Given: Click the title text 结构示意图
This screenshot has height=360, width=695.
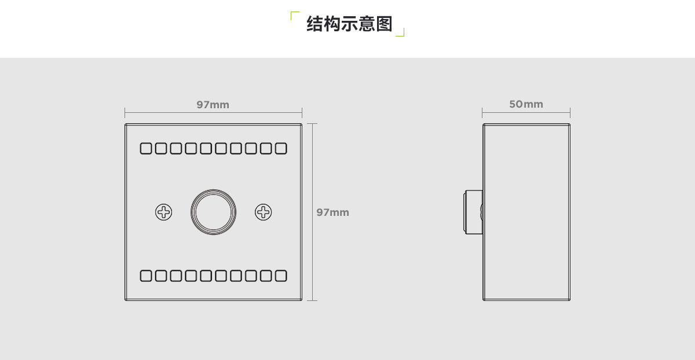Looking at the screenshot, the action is coord(349,24).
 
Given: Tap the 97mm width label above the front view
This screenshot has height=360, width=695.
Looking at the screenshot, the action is coord(213,105).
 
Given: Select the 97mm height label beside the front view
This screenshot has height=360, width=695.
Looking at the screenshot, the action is coord(332,212).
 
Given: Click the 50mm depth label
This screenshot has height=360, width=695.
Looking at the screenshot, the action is coord(526,104).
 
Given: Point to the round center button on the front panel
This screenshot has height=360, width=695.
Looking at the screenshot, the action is coord(214,212).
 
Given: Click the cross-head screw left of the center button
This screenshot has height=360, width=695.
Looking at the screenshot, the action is coord(163,212).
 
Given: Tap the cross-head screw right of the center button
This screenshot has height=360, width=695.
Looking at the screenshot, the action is coord(263,212).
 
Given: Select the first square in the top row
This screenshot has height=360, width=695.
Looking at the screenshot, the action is coord(146,149).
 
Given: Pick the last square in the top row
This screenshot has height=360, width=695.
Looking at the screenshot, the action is coord(281,149).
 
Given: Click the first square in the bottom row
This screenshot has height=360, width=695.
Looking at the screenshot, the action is coord(146,275).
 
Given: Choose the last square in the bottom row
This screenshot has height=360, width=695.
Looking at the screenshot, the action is coord(281,275).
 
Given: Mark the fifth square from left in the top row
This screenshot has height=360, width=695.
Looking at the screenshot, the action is coord(206,149).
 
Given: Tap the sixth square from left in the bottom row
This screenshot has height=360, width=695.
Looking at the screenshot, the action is coord(221,275).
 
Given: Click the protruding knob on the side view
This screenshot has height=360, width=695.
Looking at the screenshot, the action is coord(473,212).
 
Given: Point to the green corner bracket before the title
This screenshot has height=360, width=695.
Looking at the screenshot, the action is coord(295,16).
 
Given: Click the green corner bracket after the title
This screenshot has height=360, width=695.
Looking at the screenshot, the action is coord(400,32).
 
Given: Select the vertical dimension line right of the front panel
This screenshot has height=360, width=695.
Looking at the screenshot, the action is coord(312,212).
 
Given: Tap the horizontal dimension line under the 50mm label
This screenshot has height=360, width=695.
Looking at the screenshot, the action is coord(526,112).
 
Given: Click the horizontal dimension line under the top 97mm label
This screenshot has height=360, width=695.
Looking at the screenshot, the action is coord(214,112).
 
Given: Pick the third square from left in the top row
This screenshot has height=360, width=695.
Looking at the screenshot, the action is coord(176,149).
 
